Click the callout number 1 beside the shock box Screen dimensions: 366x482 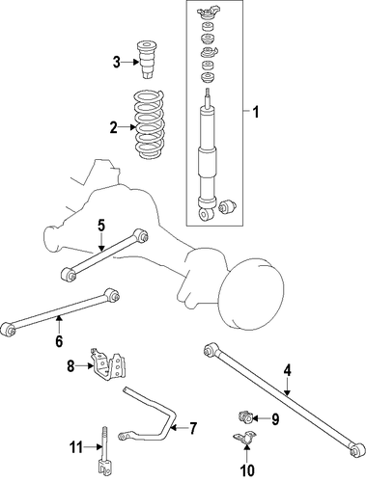tap(256, 113)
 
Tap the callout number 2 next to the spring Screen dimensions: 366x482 tap(113, 127)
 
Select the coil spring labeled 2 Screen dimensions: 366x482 tap(150, 124)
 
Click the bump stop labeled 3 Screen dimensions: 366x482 tap(148, 60)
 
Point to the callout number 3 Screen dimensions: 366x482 tap(117, 62)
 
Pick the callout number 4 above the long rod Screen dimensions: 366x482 tap(288, 370)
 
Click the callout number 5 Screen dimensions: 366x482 tap(101, 226)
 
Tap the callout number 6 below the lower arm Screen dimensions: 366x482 tap(59, 341)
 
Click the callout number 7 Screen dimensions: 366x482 tap(192, 428)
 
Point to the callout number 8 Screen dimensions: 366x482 tap(70, 366)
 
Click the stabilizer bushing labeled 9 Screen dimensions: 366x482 tap(245, 416)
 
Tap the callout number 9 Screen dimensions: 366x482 tap(275, 419)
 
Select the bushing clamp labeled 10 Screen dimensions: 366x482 tap(244, 438)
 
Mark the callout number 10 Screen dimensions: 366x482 tap(247, 470)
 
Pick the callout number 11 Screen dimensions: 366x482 tap(76, 447)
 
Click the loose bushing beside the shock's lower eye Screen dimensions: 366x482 tap(227, 205)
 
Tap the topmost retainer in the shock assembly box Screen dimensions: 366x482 tap(207, 13)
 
